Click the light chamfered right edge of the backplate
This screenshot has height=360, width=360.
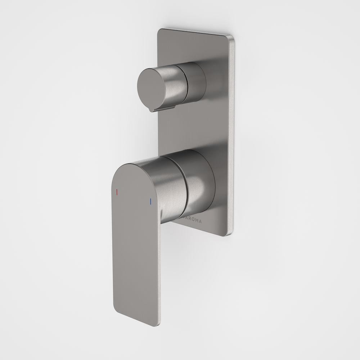point(234,137)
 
